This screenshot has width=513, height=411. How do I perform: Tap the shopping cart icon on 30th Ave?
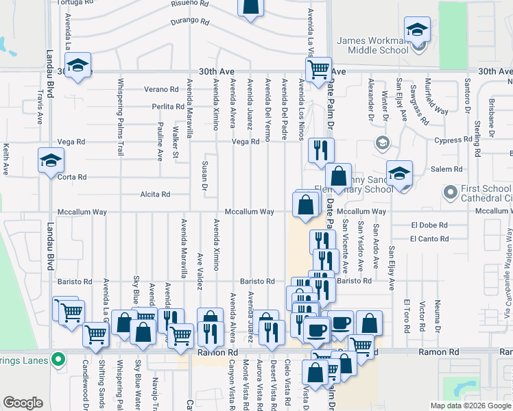click(x=318, y=69)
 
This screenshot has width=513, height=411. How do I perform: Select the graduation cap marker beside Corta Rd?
click(x=51, y=161)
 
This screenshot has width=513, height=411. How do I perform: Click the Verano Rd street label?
click(x=161, y=90)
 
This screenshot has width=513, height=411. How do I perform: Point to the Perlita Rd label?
click(x=168, y=107)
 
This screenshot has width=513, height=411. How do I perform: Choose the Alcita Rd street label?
click(x=155, y=195)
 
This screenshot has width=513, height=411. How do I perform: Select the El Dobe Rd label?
click(x=429, y=225)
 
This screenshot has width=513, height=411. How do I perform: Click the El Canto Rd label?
click(x=429, y=239)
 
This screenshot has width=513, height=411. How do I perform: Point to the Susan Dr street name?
click(x=204, y=175)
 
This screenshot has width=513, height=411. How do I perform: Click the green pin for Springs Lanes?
click(x=58, y=359)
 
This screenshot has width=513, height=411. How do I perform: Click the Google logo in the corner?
click(x=23, y=403)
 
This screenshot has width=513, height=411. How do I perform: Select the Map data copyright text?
click(x=470, y=406)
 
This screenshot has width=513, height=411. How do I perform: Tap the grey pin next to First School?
click(x=450, y=193)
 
